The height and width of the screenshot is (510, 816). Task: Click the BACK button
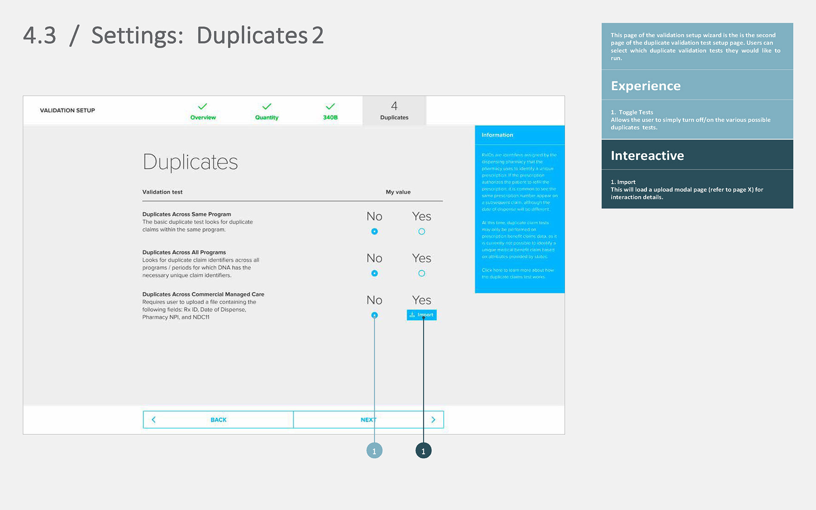point(218,419)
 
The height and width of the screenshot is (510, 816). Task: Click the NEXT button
point(368,419)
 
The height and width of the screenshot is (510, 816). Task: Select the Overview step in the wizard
point(203,117)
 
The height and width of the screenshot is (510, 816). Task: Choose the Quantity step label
point(266,117)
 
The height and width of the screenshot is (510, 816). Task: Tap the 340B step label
point(330,117)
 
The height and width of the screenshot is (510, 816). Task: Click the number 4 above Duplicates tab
point(394,106)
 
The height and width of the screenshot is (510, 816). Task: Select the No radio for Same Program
point(374,232)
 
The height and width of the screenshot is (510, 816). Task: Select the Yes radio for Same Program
point(422,232)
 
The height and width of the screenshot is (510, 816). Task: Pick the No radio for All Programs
point(374,273)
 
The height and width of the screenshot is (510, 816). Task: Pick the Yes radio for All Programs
point(422,273)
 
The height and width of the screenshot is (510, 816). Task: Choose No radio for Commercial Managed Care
point(374,315)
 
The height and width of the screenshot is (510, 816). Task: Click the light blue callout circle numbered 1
point(374,451)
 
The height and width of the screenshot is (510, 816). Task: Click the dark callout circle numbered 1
point(423,451)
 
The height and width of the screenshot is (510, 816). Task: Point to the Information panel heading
point(497,135)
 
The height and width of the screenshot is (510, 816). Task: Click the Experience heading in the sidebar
point(646,86)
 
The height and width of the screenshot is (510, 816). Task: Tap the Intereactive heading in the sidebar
point(647,156)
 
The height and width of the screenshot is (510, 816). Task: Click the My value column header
point(398,192)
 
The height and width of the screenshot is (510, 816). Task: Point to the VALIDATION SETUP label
point(67,110)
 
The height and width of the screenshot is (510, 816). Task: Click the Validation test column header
point(162,192)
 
